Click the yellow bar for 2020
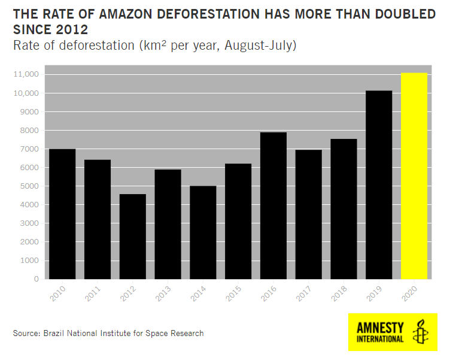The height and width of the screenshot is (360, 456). (x=414, y=176)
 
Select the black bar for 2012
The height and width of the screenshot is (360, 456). (x=132, y=237)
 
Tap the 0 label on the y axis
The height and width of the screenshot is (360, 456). (x=36, y=279)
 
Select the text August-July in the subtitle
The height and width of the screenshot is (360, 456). (x=260, y=46)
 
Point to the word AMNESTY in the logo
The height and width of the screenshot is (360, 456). (x=380, y=328)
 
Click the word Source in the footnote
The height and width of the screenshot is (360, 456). (x=25, y=333)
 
